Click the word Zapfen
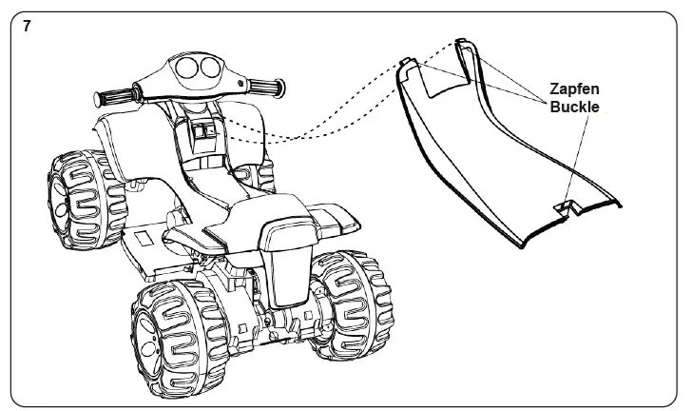tap(575, 88)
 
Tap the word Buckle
tap(574, 108)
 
